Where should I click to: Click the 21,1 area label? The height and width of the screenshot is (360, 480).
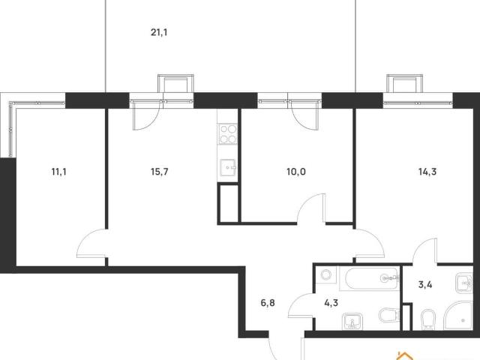click(x=159, y=32)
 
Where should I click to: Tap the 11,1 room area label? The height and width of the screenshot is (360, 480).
click(x=58, y=172)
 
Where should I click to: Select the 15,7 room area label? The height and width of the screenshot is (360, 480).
click(x=160, y=172)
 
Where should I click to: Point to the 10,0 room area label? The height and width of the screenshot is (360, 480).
click(x=296, y=172)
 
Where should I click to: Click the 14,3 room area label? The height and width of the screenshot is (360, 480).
click(x=427, y=172)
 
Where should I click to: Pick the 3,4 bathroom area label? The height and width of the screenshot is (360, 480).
click(x=425, y=285)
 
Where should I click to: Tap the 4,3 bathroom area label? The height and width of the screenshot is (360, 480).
click(x=331, y=303)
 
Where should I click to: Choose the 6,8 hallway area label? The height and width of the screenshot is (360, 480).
click(x=268, y=303)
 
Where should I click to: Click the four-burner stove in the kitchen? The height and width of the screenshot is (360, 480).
click(x=228, y=133)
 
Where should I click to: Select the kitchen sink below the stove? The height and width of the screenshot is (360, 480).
click(x=228, y=167)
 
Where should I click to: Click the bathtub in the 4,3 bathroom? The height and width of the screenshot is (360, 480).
click(x=373, y=278)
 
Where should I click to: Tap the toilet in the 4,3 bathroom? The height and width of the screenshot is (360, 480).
click(x=389, y=315)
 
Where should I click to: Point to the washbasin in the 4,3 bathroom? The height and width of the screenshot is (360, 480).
click(x=352, y=321)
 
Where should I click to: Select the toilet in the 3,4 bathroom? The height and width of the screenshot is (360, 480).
click(x=427, y=319)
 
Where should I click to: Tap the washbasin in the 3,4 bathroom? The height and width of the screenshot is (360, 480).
click(x=464, y=283)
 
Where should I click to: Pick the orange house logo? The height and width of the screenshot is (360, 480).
click(x=405, y=355)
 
